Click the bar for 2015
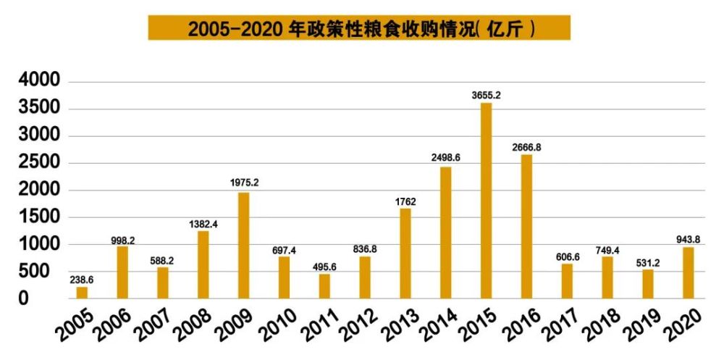[x=486, y=201]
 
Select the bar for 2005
[x=82, y=293]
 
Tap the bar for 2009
[x=243, y=245]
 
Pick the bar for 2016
[x=526, y=226]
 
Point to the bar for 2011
[x=324, y=286]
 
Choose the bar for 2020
[x=688, y=272]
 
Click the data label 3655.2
[x=486, y=94]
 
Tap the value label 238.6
[x=83, y=278]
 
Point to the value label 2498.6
[x=446, y=157]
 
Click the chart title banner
[x=359, y=28]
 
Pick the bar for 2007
[x=163, y=282]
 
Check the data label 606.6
[x=566, y=254]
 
